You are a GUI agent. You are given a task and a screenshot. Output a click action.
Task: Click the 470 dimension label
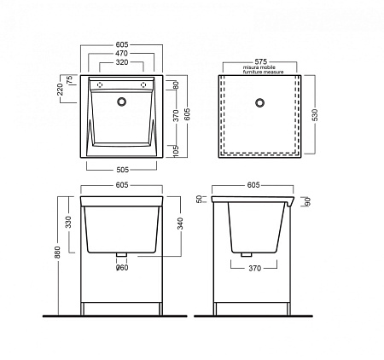[x=121, y=54]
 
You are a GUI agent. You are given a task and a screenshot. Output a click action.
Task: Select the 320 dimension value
[x=122, y=62]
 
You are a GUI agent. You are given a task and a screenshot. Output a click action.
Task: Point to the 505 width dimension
[x=123, y=170]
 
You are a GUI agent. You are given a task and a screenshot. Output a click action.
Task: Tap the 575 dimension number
[x=261, y=61]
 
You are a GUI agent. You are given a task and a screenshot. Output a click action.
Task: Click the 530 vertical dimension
[x=315, y=115]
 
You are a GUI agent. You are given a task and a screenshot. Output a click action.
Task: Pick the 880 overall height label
[x=57, y=253]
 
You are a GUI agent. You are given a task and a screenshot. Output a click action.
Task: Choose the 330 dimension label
[x=68, y=222]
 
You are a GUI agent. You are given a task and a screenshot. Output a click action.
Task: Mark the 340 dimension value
[x=180, y=224]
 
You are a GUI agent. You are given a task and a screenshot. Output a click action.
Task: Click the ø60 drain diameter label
[x=122, y=268]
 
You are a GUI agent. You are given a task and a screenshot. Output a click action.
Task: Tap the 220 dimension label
[x=60, y=90]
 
